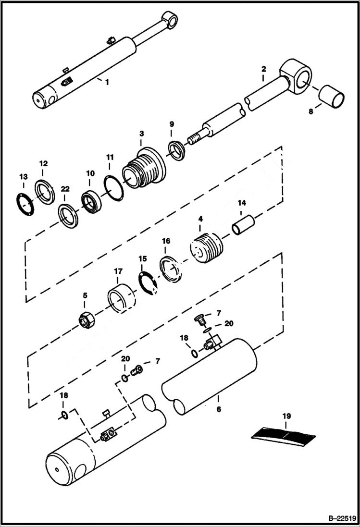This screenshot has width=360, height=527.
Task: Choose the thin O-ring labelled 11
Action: point(113,187)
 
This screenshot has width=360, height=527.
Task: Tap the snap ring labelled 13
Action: point(23,201)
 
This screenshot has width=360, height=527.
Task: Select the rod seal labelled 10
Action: point(90,201)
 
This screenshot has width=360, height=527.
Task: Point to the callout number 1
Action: point(107,82)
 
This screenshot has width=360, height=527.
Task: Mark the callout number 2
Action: point(263,69)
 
